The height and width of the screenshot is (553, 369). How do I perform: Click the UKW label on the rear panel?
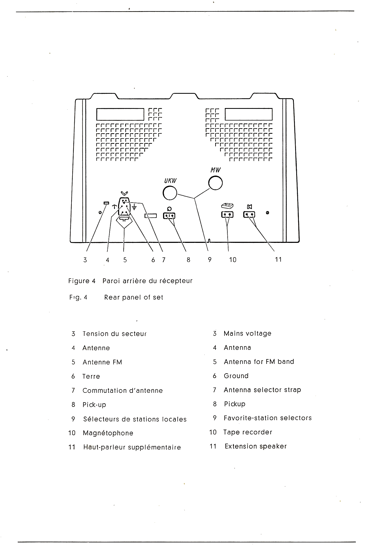(x=170, y=181)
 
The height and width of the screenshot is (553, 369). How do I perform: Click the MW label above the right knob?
(x=215, y=170)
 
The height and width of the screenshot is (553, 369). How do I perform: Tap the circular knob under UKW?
(x=170, y=193)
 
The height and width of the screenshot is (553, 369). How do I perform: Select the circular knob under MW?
(x=215, y=183)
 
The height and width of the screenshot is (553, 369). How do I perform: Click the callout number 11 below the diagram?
(x=278, y=260)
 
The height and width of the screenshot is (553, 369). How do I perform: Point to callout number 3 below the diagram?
(x=85, y=260)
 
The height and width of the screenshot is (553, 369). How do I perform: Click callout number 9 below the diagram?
(x=210, y=260)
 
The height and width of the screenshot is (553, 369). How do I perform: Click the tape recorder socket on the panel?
(x=227, y=214)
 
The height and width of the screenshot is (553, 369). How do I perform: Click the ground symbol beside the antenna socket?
(x=134, y=207)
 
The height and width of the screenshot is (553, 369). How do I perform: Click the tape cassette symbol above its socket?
(x=227, y=205)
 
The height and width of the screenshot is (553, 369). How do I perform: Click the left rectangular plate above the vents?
(x=120, y=114)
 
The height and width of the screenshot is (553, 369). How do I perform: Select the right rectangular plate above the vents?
(x=249, y=114)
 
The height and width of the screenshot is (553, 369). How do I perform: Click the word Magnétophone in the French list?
(x=108, y=433)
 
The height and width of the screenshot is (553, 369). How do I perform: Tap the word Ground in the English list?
(x=236, y=376)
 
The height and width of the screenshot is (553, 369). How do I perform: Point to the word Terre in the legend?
(x=91, y=376)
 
